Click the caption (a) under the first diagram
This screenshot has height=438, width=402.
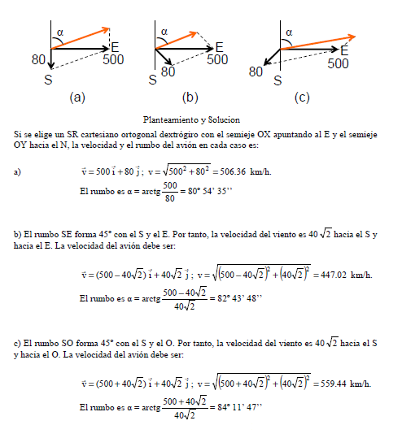77,98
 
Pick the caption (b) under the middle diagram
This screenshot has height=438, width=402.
190,98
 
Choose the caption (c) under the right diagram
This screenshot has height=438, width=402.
303,98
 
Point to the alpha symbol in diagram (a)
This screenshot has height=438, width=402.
59,32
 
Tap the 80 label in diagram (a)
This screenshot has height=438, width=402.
38,59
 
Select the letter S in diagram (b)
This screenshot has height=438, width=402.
152,80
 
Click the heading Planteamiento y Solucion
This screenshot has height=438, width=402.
191,119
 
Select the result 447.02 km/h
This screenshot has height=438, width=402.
344,275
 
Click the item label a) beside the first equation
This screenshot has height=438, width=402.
18,171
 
